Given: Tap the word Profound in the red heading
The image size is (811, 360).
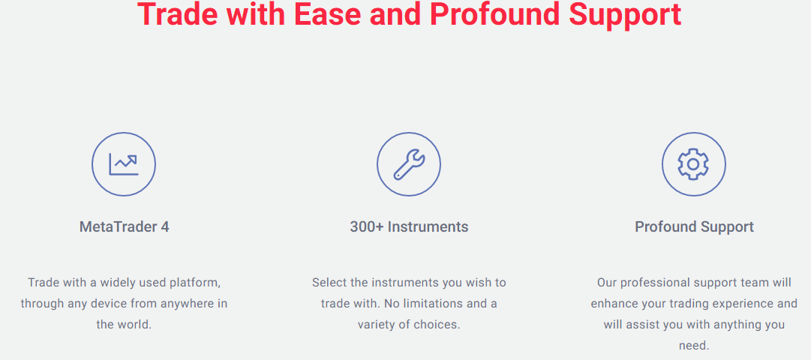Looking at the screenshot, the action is (x=495, y=14).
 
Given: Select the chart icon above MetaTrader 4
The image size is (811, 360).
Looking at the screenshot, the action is (x=124, y=164).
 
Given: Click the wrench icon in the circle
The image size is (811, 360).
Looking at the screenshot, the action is (x=409, y=164).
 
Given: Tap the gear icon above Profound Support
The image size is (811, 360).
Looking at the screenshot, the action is (x=694, y=164).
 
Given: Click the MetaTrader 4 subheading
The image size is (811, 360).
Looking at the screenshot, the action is (x=124, y=226).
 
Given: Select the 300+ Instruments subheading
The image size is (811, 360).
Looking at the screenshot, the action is (x=409, y=226).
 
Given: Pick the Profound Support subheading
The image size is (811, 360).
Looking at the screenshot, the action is (x=694, y=226).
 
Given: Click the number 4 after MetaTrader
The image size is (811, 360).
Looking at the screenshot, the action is (x=165, y=226).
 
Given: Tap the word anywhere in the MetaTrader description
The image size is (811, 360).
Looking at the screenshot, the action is (x=188, y=304).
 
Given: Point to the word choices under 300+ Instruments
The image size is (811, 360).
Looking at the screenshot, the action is (x=440, y=325).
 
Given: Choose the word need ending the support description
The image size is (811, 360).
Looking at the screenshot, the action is (x=694, y=346).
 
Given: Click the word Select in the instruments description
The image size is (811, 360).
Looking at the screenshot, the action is (x=327, y=283).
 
